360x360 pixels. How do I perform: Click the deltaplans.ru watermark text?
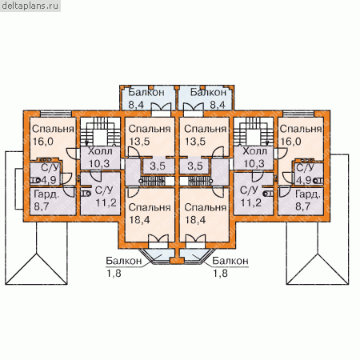click(30, 6)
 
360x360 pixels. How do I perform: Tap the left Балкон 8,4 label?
click(146, 98)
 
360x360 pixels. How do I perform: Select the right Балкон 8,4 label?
click(208, 98)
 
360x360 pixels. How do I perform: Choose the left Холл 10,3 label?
click(100, 158)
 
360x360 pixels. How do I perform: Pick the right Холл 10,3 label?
click(254, 158)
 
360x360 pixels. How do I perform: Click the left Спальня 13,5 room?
click(150, 137)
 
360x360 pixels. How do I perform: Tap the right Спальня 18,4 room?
click(205, 214)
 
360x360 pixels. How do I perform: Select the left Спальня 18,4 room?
click(150, 214)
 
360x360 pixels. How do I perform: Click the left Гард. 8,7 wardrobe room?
click(53, 202)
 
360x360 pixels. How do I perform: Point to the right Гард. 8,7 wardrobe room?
click(301, 202)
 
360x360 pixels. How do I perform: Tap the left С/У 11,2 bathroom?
click(100, 194)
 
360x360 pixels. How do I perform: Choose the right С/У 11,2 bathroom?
click(254, 194)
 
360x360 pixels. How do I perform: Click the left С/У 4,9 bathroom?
click(46, 174)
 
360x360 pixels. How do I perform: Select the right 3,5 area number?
click(195, 166)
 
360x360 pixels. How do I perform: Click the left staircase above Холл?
click(100, 131)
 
